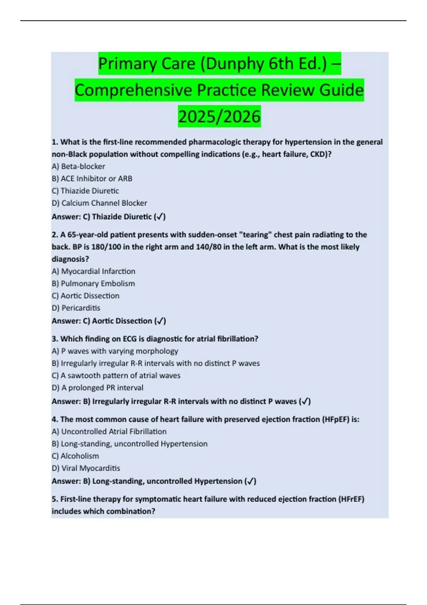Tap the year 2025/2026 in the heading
[219, 117]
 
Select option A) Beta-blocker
[78, 166]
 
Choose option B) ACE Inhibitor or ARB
[92, 178]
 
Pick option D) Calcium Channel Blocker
[99, 203]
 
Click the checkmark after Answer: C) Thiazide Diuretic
[160, 217]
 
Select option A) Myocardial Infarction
[93, 271]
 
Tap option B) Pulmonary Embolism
[93, 283]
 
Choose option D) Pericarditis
[76, 308]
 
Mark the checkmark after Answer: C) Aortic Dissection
[160, 321]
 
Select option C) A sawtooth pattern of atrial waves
[116, 375]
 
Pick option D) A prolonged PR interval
[97, 388]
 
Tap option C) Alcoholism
[75, 456]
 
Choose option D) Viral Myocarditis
[86, 468]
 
